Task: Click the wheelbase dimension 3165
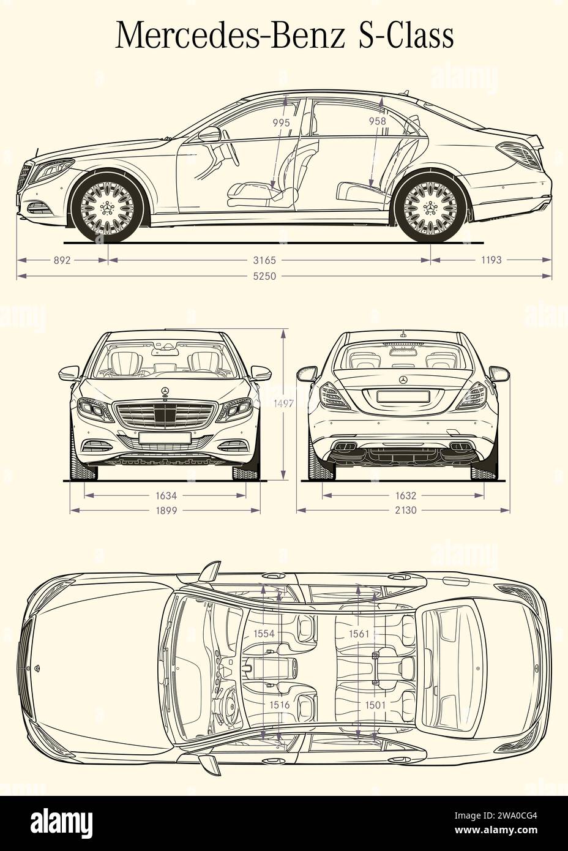269,260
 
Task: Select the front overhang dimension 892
62,260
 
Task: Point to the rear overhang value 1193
491,260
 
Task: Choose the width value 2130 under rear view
404,509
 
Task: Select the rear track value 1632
404,495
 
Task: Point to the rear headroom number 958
378,121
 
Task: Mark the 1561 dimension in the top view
359,634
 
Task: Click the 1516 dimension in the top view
279,705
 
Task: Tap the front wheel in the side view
108,206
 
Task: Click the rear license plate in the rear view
403,396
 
